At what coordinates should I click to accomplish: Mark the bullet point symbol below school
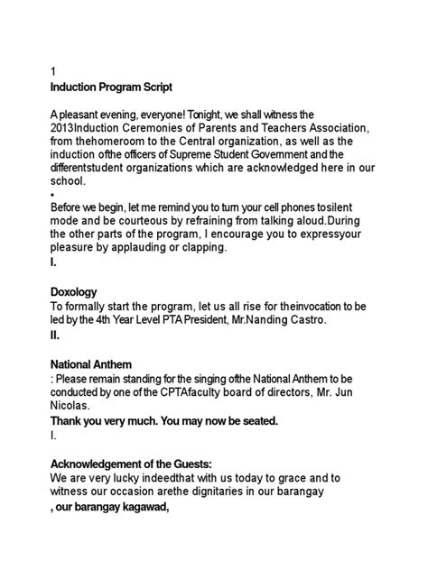(x=54, y=194)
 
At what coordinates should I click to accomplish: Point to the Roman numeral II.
(x=55, y=335)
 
